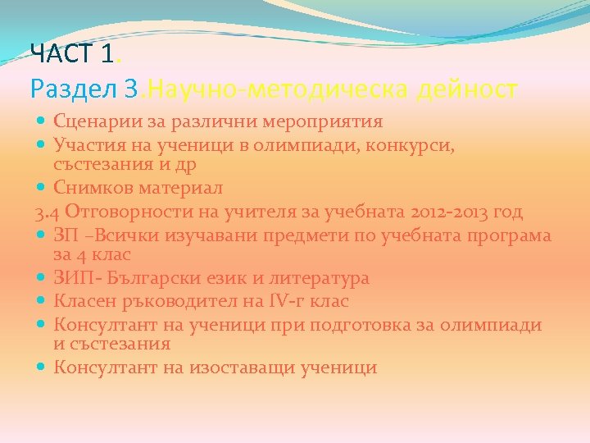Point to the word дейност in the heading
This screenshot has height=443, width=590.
click(x=467, y=88)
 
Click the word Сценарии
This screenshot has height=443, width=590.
click(x=93, y=122)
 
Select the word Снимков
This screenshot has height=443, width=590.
click(x=88, y=188)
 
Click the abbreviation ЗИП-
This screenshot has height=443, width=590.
click(x=73, y=278)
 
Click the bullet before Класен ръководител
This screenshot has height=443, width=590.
click(x=41, y=302)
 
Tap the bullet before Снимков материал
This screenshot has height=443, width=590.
click(x=41, y=188)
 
